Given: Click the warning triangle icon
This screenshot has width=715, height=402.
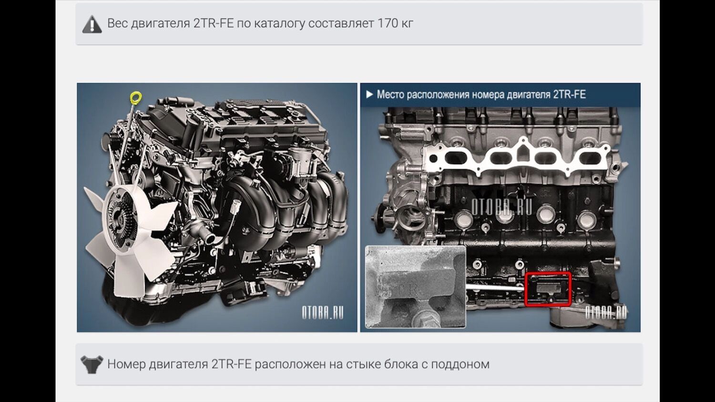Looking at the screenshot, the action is [x=92, y=24].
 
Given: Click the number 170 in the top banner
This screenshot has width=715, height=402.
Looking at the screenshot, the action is [x=387, y=23].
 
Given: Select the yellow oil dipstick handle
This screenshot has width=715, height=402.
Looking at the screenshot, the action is [x=136, y=97].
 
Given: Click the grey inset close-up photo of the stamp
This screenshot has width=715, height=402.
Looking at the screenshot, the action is [x=415, y=287].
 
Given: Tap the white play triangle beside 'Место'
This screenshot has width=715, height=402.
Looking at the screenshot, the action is [x=369, y=94].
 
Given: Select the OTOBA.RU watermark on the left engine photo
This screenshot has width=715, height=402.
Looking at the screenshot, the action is [x=323, y=313].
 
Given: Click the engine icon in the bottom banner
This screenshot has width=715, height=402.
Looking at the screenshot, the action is [x=92, y=364].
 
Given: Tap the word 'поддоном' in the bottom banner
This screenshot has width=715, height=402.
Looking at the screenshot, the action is [x=460, y=364].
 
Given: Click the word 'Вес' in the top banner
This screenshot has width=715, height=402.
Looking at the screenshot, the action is [x=117, y=23].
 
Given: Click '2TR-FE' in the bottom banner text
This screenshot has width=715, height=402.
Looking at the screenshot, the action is [x=231, y=364].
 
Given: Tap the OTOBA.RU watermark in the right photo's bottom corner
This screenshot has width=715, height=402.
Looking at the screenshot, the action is [x=606, y=313].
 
